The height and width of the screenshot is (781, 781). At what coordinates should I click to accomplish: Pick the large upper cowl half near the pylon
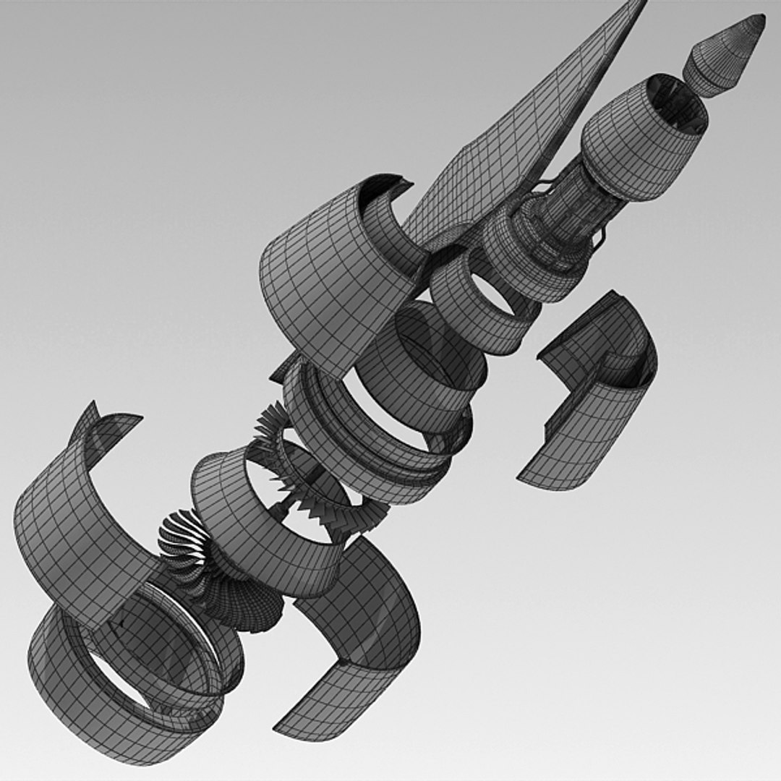325,275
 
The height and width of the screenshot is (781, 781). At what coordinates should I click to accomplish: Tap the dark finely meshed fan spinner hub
246,600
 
